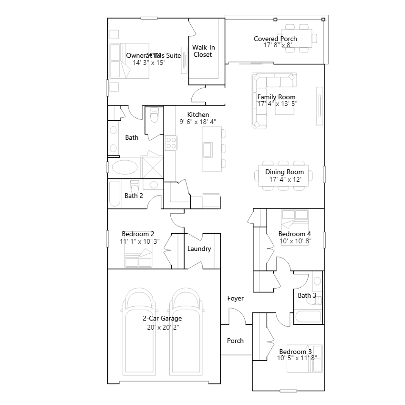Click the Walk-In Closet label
(x=203, y=51)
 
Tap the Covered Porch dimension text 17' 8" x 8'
(x=277, y=45)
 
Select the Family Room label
(x=276, y=97)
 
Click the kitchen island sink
(x=208, y=150)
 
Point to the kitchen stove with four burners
(x=171, y=143)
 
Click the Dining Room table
(x=283, y=175)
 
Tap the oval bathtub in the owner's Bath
(x=125, y=167)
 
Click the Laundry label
(x=199, y=249)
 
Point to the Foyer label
(x=235, y=298)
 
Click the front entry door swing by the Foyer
(x=237, y=316)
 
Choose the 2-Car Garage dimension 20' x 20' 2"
(x=163, y=327)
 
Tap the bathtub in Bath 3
(x=308, y=317)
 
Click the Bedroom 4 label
(x=294, y=234)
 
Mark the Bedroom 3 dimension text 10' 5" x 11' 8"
(x=297, y=358)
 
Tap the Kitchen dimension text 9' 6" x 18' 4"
(x=198, y=122)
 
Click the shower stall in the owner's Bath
(x=152, y=167)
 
